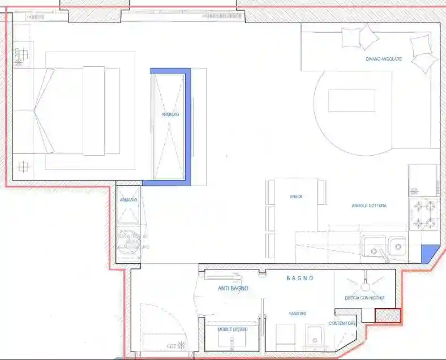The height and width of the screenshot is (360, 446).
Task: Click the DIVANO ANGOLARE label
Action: (384, 59)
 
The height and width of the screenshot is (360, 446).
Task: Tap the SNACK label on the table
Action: (296, 196)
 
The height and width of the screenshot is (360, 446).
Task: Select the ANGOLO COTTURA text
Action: (369, 205)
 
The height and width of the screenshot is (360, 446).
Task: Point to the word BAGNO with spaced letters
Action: (300, 278)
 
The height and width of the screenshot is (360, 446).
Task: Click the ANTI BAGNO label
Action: (233, 289)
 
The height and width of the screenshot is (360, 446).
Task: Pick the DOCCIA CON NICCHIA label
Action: (364, 298)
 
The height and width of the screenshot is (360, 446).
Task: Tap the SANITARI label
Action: (298, 314)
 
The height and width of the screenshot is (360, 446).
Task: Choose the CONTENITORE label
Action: (342, 324)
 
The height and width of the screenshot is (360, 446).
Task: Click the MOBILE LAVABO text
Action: (233, 329)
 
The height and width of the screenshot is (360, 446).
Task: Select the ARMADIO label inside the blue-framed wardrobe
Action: (170, 114)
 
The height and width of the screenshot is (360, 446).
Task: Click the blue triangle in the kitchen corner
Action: (430, 253)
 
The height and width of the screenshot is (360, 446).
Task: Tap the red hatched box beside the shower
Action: (388, 315)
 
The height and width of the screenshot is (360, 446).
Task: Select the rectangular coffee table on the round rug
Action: (351, 101)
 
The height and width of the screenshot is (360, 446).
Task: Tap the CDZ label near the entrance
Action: (171, 345)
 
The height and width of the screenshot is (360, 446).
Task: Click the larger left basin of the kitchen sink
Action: (374, 246)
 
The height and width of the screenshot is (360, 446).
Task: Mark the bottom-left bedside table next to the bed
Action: (23, 167)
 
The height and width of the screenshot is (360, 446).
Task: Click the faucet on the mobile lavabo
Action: (233, 341)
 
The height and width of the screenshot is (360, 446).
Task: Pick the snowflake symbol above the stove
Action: (414, 191)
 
